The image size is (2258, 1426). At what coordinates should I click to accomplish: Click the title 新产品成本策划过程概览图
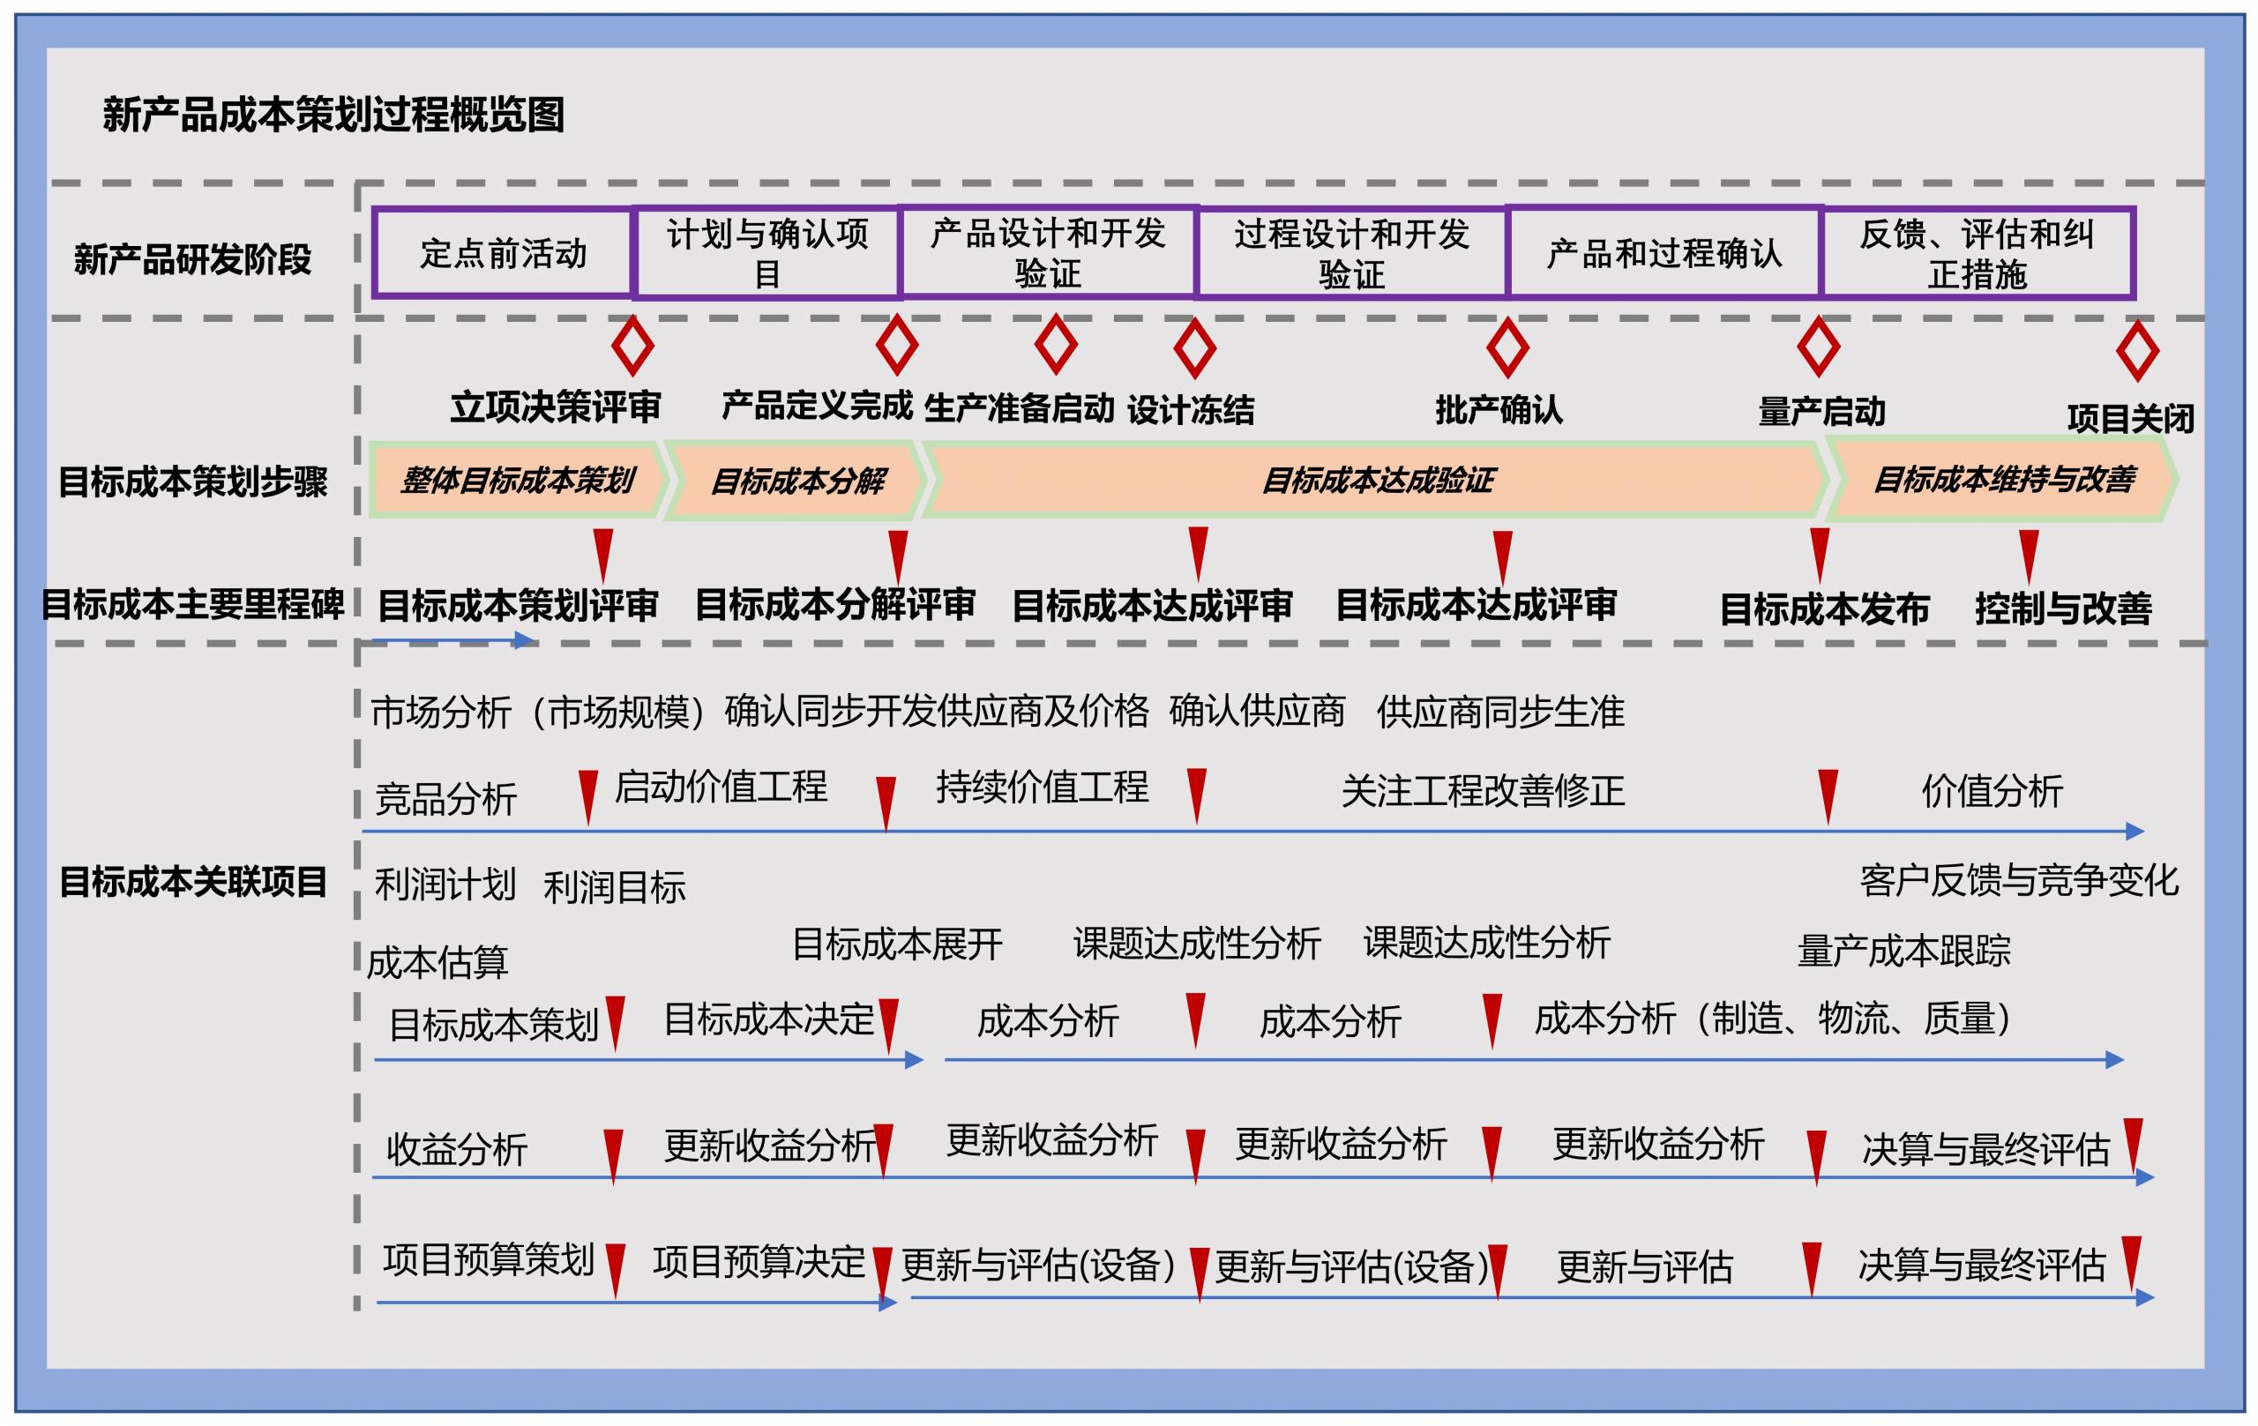coord(333,116)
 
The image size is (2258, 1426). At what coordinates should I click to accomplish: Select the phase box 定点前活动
coord(503,253)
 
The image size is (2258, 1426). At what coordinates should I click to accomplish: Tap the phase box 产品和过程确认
coord(1664,253)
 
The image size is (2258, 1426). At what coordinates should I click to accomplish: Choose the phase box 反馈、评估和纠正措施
coord(1977,253)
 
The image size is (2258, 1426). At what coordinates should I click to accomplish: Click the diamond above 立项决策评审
coord(633,345)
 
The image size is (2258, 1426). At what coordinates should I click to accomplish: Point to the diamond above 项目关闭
coord(2138,352)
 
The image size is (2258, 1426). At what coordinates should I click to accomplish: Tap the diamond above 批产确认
coord(1508,347)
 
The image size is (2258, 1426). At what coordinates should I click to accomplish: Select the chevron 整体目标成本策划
coord(519,480)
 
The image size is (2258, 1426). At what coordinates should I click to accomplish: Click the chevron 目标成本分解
coord(796,480)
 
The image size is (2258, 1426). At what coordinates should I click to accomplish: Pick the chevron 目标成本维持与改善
coord(2002,480)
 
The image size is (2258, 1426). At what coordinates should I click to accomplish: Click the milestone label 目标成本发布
coord(1824,609)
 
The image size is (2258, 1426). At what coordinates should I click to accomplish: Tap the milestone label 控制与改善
coord(2063,608)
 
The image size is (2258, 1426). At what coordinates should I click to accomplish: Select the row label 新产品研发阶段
coord(192,259)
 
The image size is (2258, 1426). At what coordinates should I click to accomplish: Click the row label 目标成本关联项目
coord(192,881)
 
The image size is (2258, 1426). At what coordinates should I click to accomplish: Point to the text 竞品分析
coord(445,799)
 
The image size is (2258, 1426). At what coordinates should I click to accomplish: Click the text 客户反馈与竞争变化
coord(2019,880)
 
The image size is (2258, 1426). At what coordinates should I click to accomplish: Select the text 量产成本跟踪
coord(1903,951)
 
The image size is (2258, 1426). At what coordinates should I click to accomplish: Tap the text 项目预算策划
coord(489,1259)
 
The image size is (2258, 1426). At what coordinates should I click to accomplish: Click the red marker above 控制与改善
coord(2030,556)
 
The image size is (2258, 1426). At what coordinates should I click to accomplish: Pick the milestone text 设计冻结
coord(1190,410)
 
